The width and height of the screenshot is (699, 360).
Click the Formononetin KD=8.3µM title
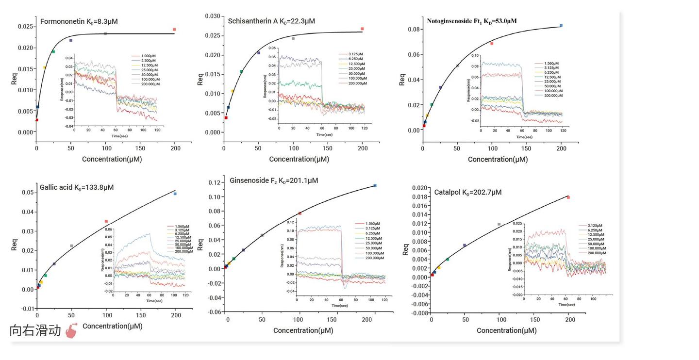coord(79,21)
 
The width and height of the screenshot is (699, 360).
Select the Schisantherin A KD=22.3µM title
coord(271,21)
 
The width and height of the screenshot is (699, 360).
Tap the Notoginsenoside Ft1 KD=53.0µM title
coord(471,21)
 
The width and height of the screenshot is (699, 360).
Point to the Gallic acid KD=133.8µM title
coord(77,187)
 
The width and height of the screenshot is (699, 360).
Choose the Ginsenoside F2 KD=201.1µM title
coord(274,180)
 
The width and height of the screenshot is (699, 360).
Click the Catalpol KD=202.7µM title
coord(468,192)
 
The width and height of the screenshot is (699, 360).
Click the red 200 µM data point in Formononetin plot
coord(174,30)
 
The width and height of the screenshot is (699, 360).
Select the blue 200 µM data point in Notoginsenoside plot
coord(561,25)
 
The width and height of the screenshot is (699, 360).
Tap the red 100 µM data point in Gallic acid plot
coord(106,221)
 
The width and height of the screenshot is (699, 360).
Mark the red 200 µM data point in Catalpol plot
coord(568,197)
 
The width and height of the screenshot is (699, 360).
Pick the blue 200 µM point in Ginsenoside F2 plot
coord(375,185)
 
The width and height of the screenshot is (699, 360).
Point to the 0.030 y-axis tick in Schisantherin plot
coord(212,16)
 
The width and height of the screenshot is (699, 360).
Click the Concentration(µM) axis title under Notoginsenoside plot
coord(498,159)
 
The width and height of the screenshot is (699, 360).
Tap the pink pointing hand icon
coord(71,330)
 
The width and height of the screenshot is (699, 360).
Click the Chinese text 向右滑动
coord(35,331)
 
